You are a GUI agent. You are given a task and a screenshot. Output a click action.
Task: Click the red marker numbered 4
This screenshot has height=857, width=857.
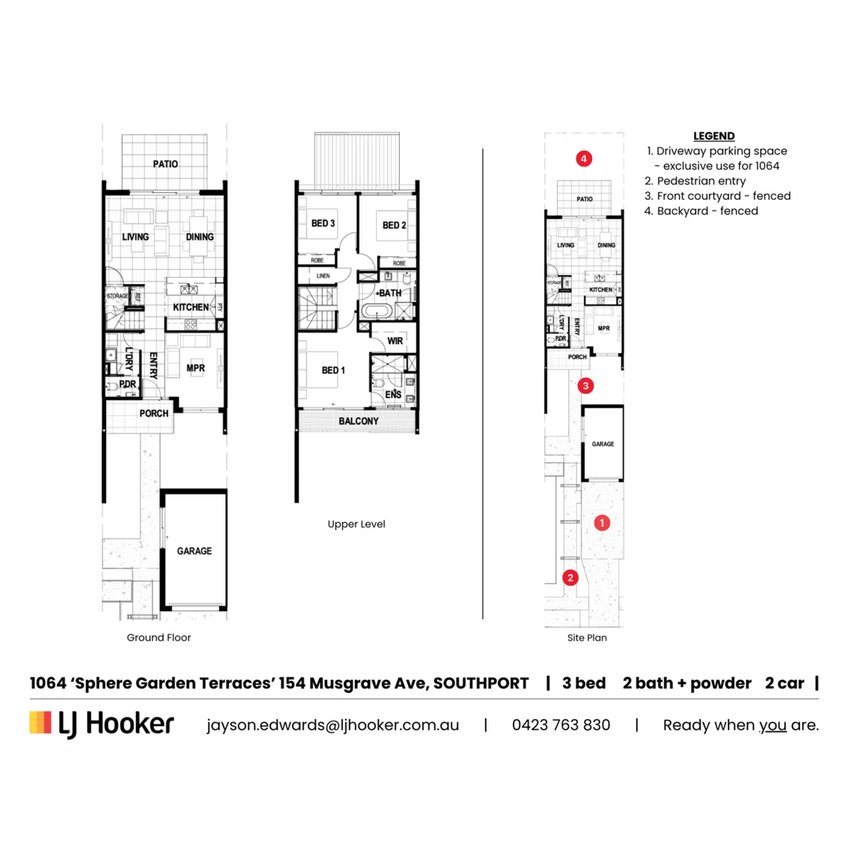pos(584,159)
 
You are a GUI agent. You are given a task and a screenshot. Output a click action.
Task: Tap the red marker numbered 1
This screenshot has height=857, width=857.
pos(602,522)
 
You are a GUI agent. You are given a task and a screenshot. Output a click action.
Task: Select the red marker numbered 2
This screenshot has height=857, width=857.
pos(569,578)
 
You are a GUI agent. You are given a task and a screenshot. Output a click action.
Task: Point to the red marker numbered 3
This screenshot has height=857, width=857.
pos(585,386)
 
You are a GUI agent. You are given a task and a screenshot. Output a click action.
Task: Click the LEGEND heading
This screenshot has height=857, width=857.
pos(713,136)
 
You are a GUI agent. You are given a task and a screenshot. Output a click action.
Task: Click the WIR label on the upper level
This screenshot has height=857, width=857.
pos(395,342)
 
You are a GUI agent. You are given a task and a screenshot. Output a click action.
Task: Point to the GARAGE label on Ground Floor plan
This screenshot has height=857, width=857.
pos(194,551)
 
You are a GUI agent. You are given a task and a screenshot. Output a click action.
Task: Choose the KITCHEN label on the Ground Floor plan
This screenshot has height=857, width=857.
pos(190,307)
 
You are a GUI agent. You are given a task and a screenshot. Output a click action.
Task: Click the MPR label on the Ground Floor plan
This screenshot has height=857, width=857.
pos(196,369)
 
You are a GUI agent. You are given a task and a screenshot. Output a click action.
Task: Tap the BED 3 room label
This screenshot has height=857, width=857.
pos(323,225)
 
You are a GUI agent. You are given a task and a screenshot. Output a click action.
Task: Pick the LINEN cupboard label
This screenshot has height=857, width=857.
pos(323,276)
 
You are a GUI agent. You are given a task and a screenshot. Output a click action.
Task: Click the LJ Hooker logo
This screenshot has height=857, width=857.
pos(102,724)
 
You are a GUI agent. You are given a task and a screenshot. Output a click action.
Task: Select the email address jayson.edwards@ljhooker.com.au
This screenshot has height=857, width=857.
pos(332,724)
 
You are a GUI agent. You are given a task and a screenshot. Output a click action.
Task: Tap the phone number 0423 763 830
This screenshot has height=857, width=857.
pos(561,724)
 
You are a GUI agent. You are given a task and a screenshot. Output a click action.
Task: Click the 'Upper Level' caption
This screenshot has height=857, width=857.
pos(356,525)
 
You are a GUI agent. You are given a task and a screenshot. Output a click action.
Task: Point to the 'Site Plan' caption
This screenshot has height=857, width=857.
pos(588,637)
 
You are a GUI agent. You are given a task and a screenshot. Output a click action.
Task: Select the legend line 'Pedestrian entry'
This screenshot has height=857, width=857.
pos(701,181)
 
